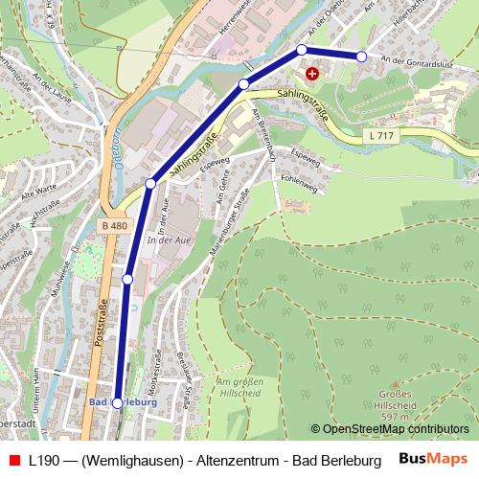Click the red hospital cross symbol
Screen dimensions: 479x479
click(310, 73)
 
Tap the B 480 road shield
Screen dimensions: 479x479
click(113, 226)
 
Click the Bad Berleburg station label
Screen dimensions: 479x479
click(122, 402)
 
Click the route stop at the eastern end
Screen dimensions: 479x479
click(361, 57)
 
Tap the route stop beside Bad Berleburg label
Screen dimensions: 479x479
click(117, 404)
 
